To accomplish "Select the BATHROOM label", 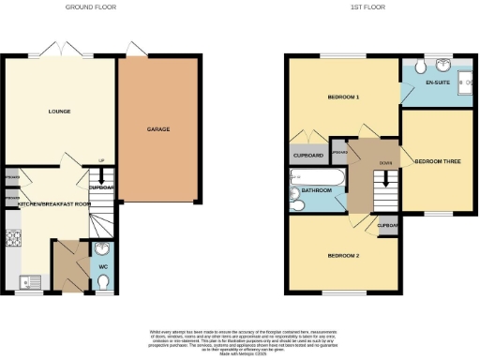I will tap(316, 193).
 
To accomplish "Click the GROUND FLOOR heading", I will tap(91, 7).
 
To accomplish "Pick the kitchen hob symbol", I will tap(13, 239).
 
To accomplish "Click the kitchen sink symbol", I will tap(13, 277).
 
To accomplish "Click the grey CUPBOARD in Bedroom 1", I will tap(308, 156).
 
